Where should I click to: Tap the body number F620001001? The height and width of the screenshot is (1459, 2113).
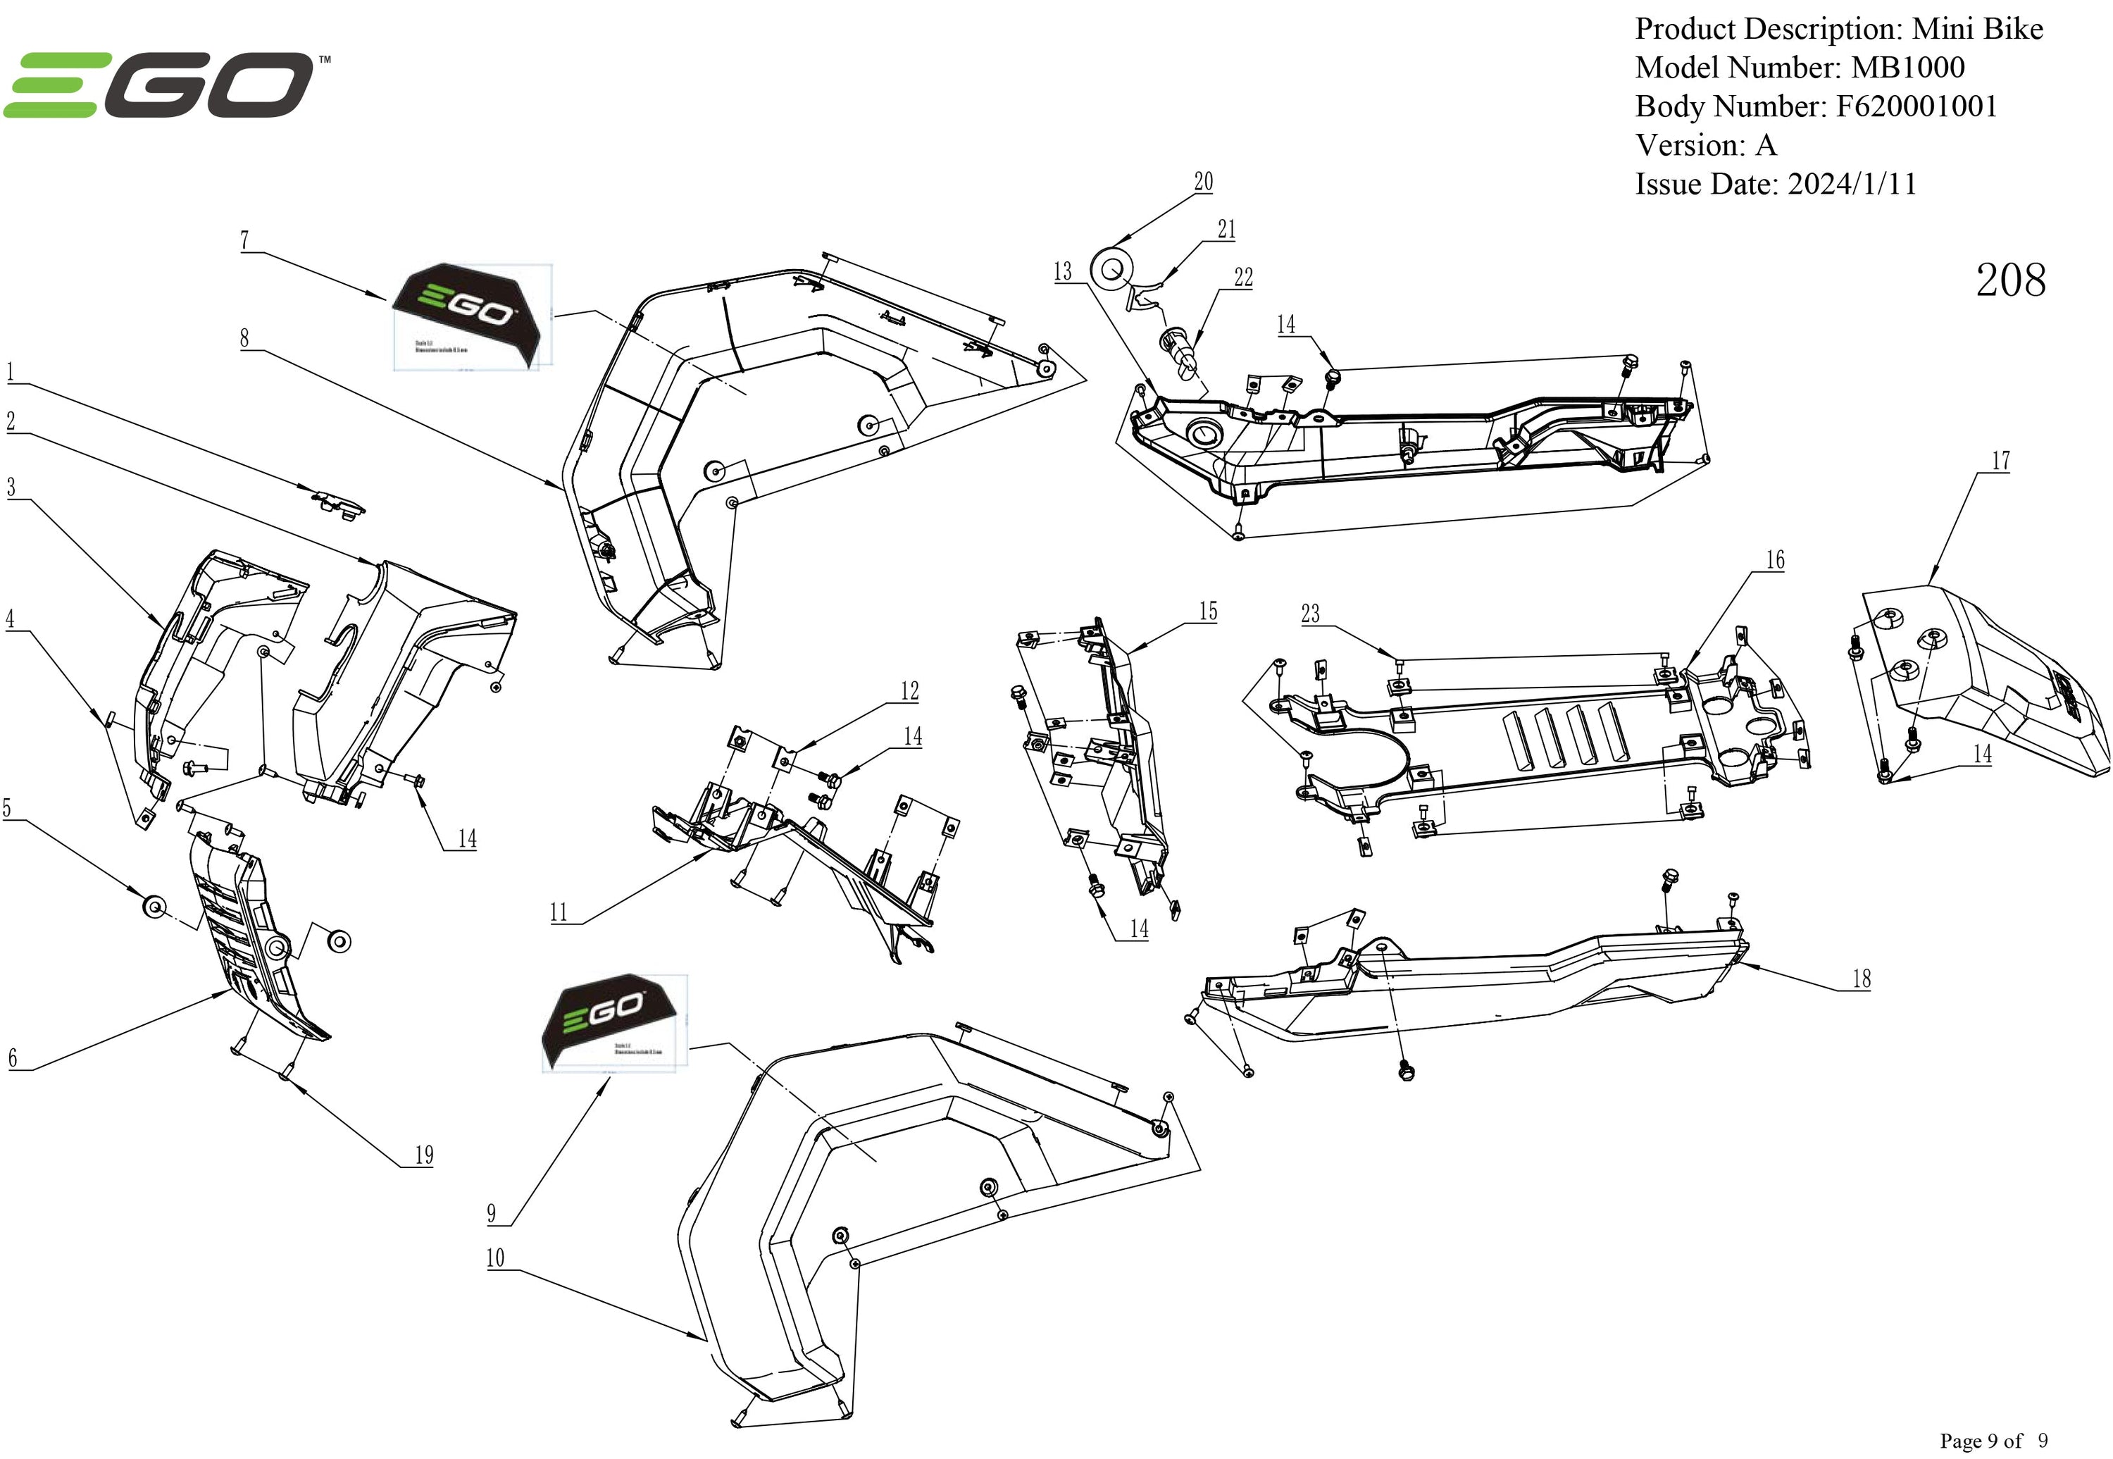pos(1916,107)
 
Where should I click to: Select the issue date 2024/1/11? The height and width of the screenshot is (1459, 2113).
pos(1852,185)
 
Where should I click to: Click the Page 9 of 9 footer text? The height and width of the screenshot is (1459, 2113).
pos(1993,1441)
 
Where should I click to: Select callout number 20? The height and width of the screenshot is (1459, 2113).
pos(1204,182)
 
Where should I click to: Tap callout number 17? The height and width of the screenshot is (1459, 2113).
pos(2000,461)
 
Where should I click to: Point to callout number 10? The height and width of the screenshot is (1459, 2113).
pos(495,1258)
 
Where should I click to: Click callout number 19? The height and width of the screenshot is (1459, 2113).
pos(424,1155)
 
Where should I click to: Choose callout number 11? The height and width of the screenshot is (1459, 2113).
pos(559,912)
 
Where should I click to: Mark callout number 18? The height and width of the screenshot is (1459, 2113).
pos(1862,979)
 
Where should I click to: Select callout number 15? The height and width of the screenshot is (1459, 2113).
pos(1208,611)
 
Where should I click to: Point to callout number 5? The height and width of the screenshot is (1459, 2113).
pos(7,808)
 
